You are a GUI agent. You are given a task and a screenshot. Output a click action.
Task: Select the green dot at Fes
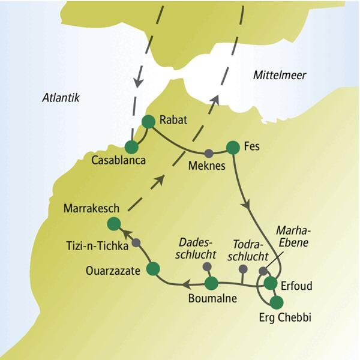233,147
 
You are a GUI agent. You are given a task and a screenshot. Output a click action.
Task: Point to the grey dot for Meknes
209,152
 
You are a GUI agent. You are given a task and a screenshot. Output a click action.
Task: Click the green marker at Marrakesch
113,224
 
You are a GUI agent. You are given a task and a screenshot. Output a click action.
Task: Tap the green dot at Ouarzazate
153,268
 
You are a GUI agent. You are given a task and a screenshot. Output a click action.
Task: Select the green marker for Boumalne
211,283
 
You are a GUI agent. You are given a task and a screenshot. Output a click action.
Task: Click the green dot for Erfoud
271,283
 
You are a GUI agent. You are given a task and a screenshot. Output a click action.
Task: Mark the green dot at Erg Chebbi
277,302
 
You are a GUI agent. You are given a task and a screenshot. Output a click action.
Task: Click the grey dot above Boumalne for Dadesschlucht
207,266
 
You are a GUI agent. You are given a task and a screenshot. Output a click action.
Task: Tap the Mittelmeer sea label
279,75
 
